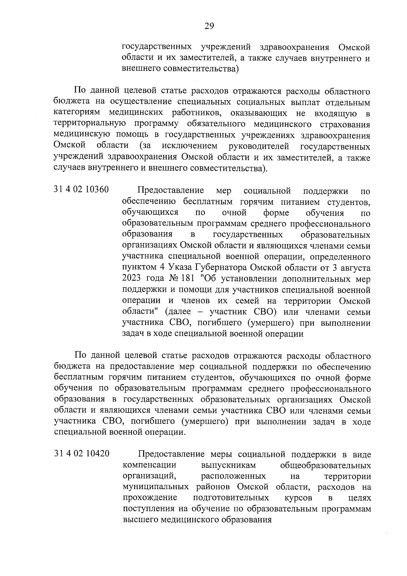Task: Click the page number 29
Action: (x=209, y=26)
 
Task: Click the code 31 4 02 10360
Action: (x=81, y=189)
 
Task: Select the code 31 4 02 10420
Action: (x=81, y=453)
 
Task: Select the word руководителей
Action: (x=259, y=146)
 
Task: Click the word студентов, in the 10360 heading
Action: (x=348, y=202)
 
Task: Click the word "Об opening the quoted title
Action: (x=209, y=279)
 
